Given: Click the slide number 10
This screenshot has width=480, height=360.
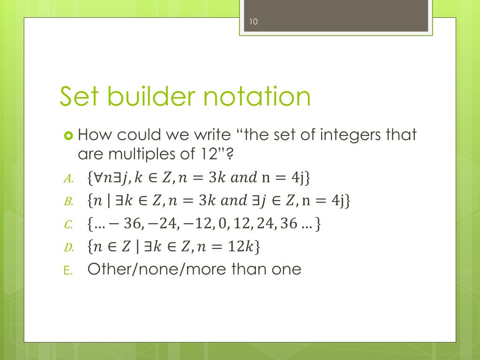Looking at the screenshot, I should (x=254, y=22).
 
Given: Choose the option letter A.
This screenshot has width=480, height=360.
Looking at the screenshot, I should (x=67, y=179).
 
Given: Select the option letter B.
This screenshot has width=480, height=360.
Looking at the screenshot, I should (x=67, y=202).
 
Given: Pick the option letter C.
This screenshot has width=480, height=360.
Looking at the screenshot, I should (x=67, y=225).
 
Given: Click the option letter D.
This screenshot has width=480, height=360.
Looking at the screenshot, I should (x=67, y=248).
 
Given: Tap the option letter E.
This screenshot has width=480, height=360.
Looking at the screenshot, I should (x=67, y=270).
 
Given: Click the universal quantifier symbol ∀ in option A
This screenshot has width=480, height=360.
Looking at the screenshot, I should (x=99, y=178).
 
